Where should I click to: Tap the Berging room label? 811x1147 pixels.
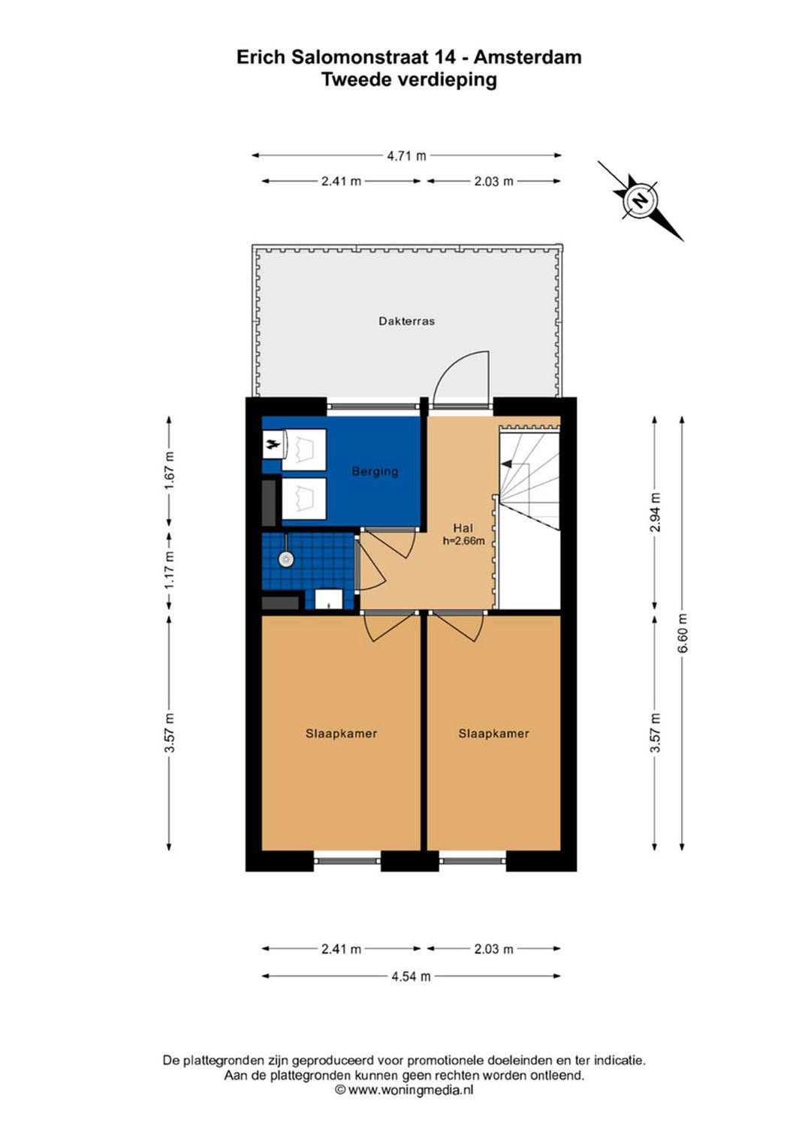375,471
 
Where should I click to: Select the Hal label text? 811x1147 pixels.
463,528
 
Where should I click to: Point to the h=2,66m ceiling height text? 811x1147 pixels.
463,541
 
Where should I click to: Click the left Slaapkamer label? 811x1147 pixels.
341,733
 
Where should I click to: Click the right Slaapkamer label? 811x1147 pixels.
493,733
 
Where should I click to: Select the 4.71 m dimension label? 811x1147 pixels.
406,155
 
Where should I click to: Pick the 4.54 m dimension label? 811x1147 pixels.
412,976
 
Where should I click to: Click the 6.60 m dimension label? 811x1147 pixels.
682,633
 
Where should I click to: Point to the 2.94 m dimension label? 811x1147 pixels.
655,512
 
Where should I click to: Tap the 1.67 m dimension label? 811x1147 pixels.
170,469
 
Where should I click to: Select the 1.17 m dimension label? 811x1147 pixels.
170,569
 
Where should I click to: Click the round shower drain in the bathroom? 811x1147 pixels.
285,559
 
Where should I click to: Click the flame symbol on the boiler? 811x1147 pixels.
273,445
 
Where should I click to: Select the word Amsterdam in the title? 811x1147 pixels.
527,57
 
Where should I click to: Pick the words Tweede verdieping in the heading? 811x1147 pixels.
409,80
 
